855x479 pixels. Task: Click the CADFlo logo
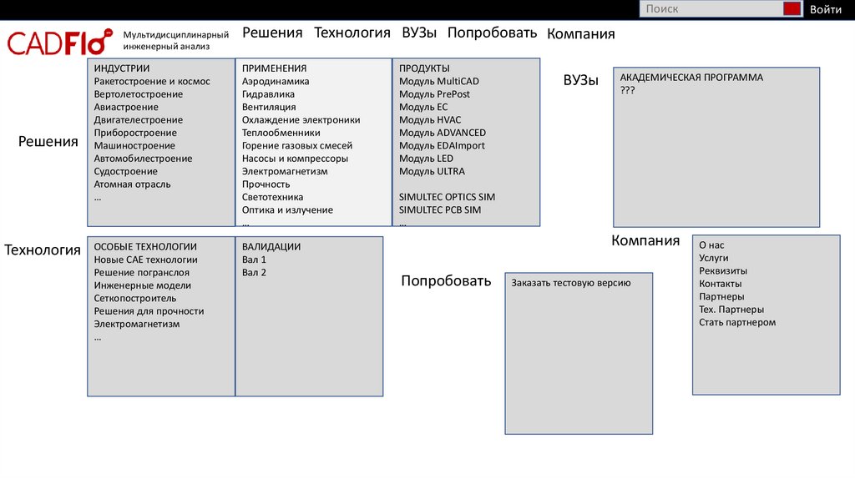(59, 42)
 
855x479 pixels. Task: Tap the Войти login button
(825, 9)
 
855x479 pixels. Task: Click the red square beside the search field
(792, 9)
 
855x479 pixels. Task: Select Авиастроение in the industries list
(126, 107)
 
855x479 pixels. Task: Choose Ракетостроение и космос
(152, 82)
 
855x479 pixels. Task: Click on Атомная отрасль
(132, 184)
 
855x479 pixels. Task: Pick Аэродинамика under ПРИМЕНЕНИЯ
(276, 82)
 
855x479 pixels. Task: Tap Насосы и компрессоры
(295, 159)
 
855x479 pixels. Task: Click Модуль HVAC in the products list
(430, 120)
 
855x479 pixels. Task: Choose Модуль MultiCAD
(439, 82)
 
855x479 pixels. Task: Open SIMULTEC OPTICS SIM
(447, 197)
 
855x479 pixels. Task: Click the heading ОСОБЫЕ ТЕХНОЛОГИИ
(145, 247)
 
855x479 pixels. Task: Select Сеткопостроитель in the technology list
(135, 298)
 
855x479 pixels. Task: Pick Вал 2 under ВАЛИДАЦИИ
(254, 273)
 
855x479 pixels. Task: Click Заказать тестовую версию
(571, 283)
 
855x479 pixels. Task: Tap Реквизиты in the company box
(723, 271)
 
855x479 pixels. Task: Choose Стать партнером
(737, 322)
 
